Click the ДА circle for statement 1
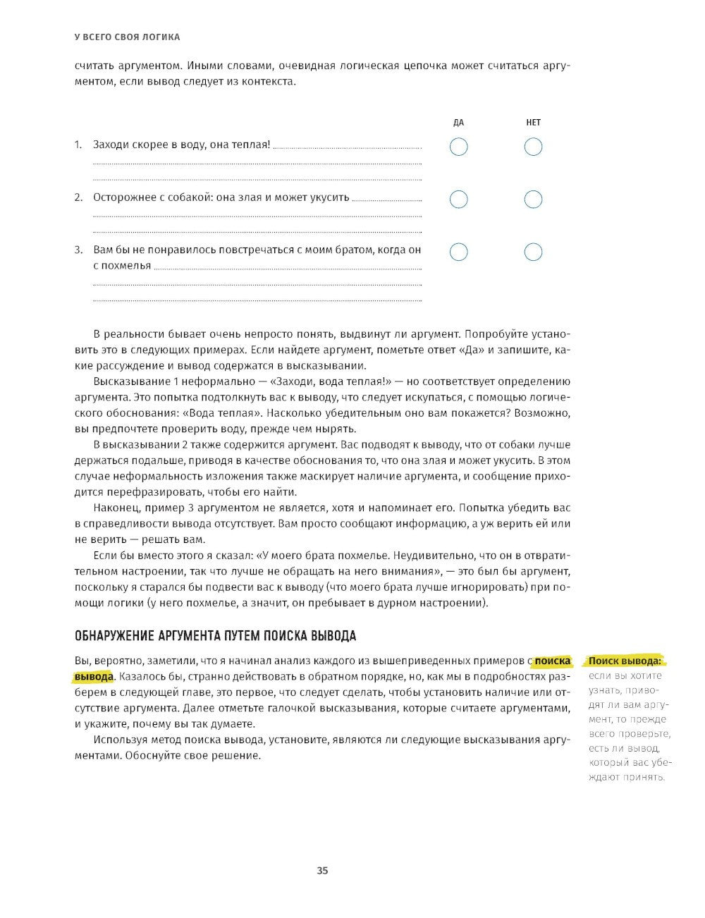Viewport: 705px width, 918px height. [458, 147]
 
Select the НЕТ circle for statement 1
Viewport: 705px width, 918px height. [534, 147]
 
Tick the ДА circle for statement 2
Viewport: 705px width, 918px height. [458, 199]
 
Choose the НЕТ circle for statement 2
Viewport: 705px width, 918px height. [534, 199]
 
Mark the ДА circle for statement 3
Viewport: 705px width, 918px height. [458, 251]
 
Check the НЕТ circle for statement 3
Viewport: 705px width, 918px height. [534, 251]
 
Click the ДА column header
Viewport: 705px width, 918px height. [458, 123]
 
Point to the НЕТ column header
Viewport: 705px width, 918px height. [534, 123]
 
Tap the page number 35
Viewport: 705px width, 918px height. [322, 870]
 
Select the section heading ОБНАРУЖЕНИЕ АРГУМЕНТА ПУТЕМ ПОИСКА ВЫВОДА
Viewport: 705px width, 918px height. [215, 636]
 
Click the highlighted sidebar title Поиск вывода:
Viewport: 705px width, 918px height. [625, 661]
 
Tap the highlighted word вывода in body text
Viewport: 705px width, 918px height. [93, 677]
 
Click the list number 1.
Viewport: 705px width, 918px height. [78, 145]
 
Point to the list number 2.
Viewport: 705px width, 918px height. [78, 197]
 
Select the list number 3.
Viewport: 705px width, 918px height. [78, 250]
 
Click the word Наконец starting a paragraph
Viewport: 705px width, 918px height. [115, 508]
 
